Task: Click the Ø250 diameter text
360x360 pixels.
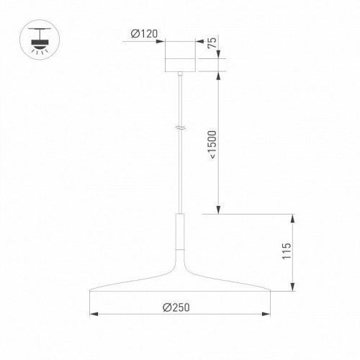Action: pos(177,307)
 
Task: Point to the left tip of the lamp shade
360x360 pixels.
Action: pos(89,292)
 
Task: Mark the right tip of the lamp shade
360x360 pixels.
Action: pos(271,292)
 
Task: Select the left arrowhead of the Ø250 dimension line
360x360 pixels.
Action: pos(91,315)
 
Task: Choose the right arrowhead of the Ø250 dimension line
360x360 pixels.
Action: pos(269,315)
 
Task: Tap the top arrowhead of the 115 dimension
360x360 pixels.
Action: pos(293,217)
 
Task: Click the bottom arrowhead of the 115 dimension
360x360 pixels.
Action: pos(293,289)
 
